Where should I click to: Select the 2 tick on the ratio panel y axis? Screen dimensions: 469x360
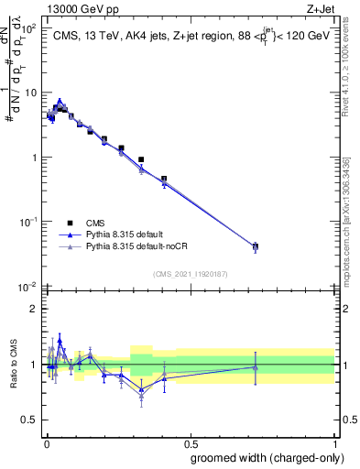click(33, 309)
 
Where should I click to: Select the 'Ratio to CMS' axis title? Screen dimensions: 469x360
click(12, 364)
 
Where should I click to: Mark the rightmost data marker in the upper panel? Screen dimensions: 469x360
click(255, 246)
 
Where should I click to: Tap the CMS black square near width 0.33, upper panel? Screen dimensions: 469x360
click(141, 159)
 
